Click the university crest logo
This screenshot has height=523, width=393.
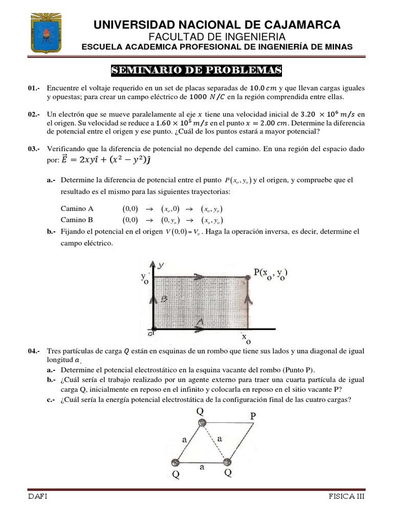(x=47, y=33)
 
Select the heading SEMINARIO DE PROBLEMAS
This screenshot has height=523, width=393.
(x=197, y=70)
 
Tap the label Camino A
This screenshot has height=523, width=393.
(x=77, y=209)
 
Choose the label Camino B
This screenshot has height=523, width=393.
(x=77, y=220)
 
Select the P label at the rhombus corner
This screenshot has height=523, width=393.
(x=253, y=416)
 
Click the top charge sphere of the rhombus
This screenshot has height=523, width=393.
(x=202, y=422)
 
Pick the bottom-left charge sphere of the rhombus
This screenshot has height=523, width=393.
(x=176, y=462)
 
